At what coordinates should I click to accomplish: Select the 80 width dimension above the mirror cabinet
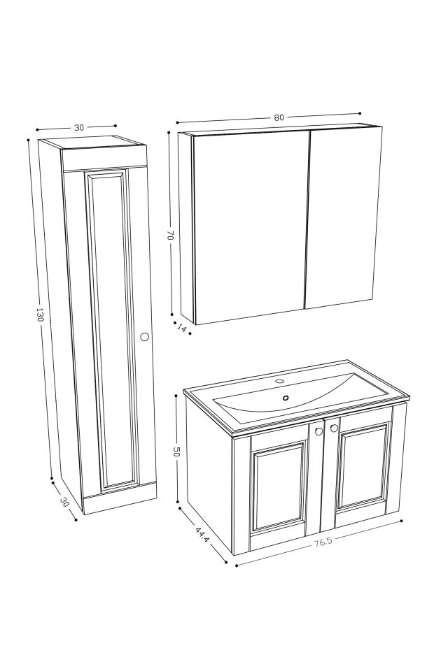tap(279, 117)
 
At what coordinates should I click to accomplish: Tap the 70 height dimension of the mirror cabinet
tap(169, 236)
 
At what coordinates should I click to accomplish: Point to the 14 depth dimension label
tap(182, 329)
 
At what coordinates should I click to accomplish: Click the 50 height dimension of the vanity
tap(176, 451)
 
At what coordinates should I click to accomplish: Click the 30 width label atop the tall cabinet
tap(78, 127)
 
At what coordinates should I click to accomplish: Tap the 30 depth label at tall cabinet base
tap(65, 502)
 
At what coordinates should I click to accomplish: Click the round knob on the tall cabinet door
tap(145, 336)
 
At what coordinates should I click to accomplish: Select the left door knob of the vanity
tap(318, 431)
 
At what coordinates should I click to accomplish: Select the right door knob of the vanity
tap(334, 428)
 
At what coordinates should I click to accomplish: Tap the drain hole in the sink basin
tap(285, 398)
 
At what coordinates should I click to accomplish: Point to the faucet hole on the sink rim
tap(279, 382)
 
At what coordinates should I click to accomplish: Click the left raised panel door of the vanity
tap(279, 489)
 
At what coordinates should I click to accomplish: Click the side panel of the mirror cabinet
tap(185, 227)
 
